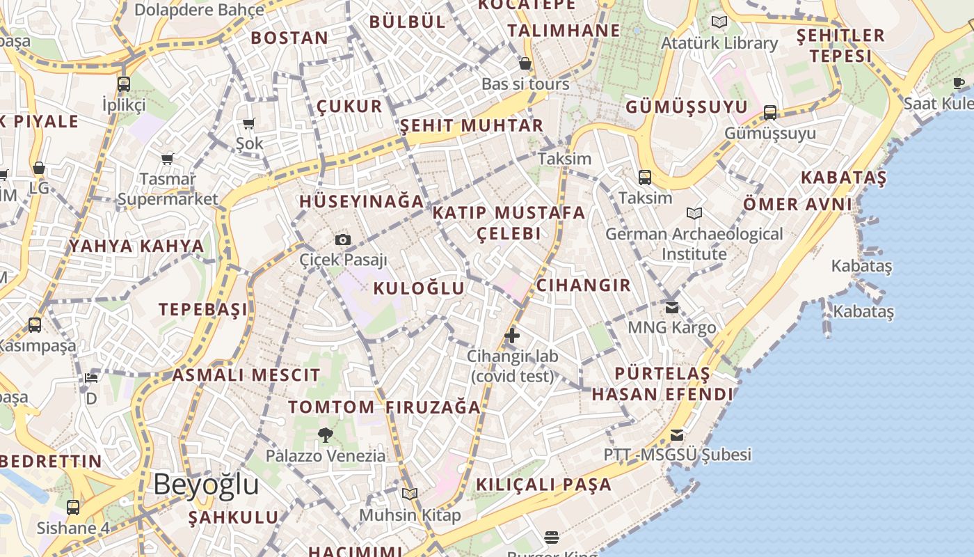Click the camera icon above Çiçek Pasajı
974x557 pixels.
pyautogui.click(x=343, y=240)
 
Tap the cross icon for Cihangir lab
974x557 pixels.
pyautogui.click(x=512, y=336)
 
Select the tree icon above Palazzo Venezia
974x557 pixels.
pyautogui.click(x=325, y=436)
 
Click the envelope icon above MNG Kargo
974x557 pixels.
pyautogui.click(x=671, y=307)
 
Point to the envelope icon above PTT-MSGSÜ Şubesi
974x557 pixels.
pyautogui.click(x=676, y=435)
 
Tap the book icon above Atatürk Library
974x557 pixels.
pyautogui.click(x=719, y=22)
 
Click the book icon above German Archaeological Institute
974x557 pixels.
pyautogui.click(x=694, y=213)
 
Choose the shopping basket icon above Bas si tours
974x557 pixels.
pyautogui.click(x=525, y=64)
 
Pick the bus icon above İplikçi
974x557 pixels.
pyautogui.click(x=124, y=84)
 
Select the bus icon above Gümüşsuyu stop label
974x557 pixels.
pyautogui.click(x=770, y=112)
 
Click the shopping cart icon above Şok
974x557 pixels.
pyautogui.click(x=248, y=124)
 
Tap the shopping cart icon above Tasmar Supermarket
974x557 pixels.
pyautogui.click(x=167, y=159)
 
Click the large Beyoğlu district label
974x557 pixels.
pyautogui.click(x=206, y=484)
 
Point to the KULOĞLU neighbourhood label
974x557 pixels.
pyautogui.click(x=419, y=288)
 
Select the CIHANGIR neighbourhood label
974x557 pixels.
pyautogui.click(x=584, y=285)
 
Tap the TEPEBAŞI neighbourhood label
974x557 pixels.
pyautogui.click(x=203, y=309)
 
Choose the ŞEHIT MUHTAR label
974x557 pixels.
pyautogui.click(x=472, y=125)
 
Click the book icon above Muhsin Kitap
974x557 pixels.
pyautogui.click(x=410, y=494)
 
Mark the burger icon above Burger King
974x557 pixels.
pyautogui.click(x=552, y=537)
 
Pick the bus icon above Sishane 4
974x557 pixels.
pyautogui.click(x=73, y=508)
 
